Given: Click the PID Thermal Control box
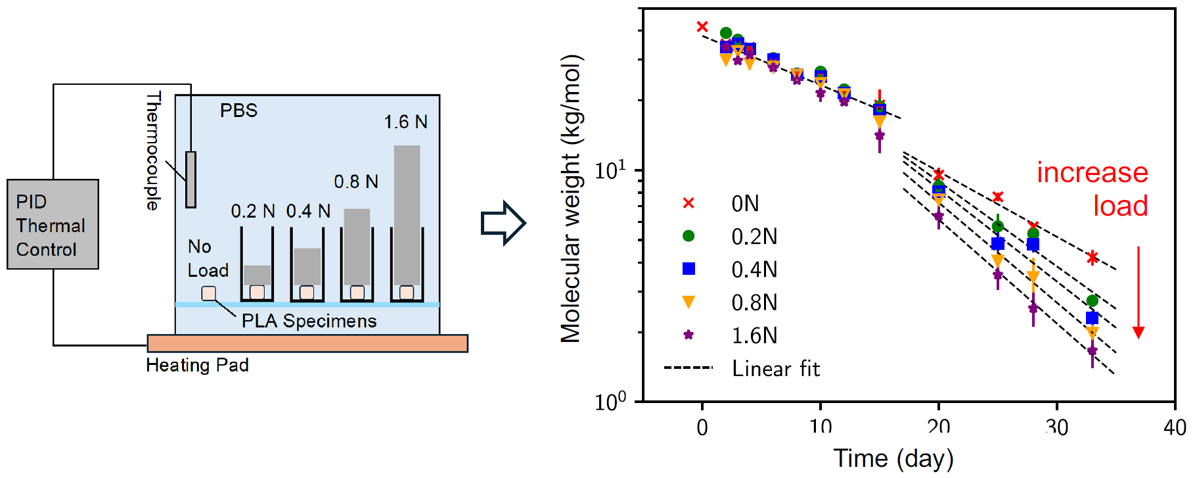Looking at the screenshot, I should pyautogui.click(x=53, y=224).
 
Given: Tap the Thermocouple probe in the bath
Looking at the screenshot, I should pyautogui.click(x=191, y=179).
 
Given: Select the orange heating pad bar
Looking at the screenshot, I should pyautogui.click(x=307, y=343).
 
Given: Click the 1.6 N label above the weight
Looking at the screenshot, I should pyautogui.click(x=405, y=122).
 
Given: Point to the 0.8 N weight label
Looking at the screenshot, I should pyautogui.click(x=356, y=181).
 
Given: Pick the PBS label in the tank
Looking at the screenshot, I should pyautogui.click(x=238, y=110).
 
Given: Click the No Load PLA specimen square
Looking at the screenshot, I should pyautogui.click(x=208, y=293).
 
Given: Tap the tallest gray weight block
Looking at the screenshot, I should pyautogui.click(x=407, y=215).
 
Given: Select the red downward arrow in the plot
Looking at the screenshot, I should pyautogui.click(x=1139, y=293).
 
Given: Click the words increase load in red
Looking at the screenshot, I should pyautogui.click(x=1093, y=189).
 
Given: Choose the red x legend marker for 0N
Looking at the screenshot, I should pyautogui.click(x=688, y=203).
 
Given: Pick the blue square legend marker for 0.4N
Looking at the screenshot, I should pyautogui.click(x=688, y=269).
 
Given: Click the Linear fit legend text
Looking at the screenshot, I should pyautogui.click(x=776, y=369).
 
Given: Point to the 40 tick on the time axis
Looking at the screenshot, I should pyautogui.click(x=1175, y=428).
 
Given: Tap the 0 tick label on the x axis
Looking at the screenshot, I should pyautogui.click(x=702, y=428).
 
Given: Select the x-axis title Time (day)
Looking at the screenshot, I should pyautogui.click(x=893, y=458).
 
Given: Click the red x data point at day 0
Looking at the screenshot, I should pyautogui.click(x=702, y=27).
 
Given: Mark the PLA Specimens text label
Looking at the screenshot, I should pyautogui.click(x=309, y=321).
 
